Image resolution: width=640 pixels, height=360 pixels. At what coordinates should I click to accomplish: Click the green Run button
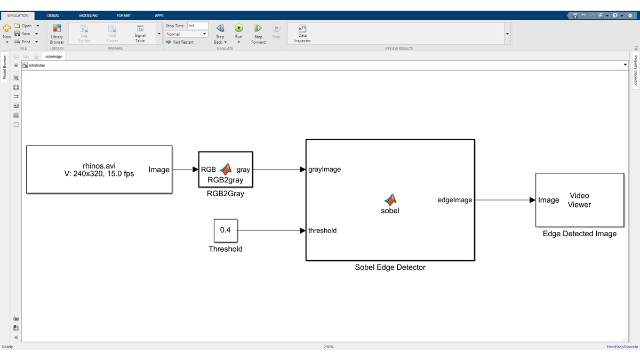(x=238, y=28)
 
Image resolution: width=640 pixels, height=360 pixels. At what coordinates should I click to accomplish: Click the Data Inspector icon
(x=302, y=29)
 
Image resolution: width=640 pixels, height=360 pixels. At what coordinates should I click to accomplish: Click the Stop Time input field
(x=197, y=26)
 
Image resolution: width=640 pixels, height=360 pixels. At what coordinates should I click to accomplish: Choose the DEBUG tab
(x=53, y=15)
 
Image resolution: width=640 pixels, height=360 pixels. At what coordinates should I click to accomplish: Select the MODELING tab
(x=89, y=15)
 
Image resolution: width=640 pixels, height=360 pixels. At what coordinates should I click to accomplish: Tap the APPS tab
(x=159, y=15)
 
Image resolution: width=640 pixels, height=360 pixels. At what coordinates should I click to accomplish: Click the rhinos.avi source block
(x=99, y=169)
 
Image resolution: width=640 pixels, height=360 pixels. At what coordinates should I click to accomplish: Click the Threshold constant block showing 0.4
(x=226, y=230)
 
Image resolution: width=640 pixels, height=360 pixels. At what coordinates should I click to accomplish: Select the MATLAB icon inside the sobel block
(x=390, y=199)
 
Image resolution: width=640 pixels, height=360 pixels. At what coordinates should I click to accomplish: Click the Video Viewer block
(x=580, y=200)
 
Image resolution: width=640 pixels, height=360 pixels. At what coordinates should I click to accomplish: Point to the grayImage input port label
(x=324, y=169)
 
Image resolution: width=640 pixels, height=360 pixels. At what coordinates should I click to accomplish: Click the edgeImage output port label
(x=455, y=200)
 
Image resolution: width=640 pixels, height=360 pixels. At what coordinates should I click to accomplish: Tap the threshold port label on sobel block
(x=322, y=230)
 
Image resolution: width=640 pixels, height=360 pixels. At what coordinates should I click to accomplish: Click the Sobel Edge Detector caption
(x=390, y=267)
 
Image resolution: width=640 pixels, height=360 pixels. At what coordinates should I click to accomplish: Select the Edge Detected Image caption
(x=579, y=234)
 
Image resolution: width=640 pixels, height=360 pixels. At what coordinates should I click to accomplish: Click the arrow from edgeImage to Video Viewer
(x=504, y=200)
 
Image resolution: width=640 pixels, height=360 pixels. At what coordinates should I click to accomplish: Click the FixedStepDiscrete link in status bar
(x=622, y=347)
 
